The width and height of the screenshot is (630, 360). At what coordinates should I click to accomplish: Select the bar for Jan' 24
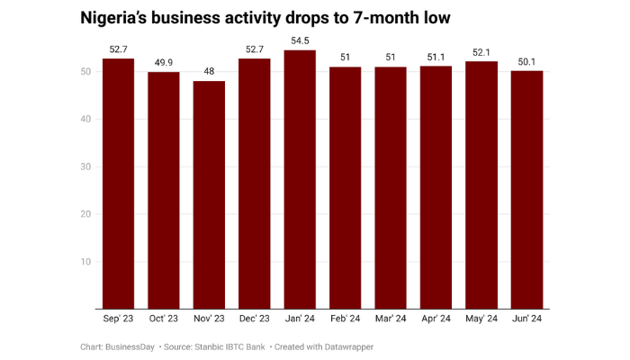click(x=300, y=180)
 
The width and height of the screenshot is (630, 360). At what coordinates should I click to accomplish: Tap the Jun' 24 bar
click(x=526, y=190)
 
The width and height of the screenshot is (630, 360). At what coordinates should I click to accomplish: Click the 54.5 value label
click(x=300, y=40)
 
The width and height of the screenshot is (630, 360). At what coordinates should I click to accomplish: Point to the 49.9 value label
click(x=164, y=63)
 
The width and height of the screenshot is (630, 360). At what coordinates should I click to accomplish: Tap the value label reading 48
click(x=209, y=72)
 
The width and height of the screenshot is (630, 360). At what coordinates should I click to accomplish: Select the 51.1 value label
click(x=436, y=58)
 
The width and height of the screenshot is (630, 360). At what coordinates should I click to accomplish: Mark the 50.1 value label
click(x=526, y=62)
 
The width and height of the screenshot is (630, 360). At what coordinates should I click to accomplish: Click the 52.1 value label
click(x=481, y=52)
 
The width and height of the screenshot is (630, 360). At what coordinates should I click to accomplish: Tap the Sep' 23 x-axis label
click(x=119, y=318)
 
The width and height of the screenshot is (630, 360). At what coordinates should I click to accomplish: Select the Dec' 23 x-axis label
click(x=255, y=318)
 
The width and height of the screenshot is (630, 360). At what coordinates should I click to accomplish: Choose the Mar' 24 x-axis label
click(x=391, y=318)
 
